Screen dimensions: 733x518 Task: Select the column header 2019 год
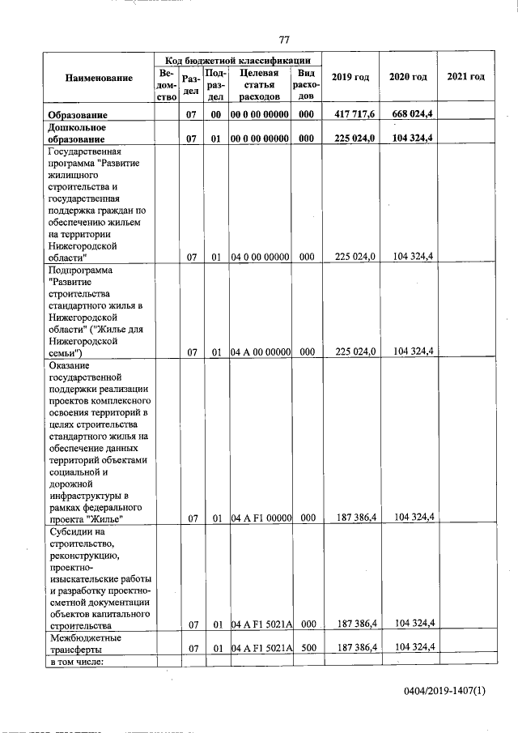point(351,77)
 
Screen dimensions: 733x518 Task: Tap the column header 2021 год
point(465,77)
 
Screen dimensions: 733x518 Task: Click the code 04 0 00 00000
point(260,257)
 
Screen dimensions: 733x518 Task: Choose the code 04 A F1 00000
point(260,518)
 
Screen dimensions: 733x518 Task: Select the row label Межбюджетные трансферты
point(84,643)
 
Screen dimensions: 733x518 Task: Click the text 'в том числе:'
point(75,663)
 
